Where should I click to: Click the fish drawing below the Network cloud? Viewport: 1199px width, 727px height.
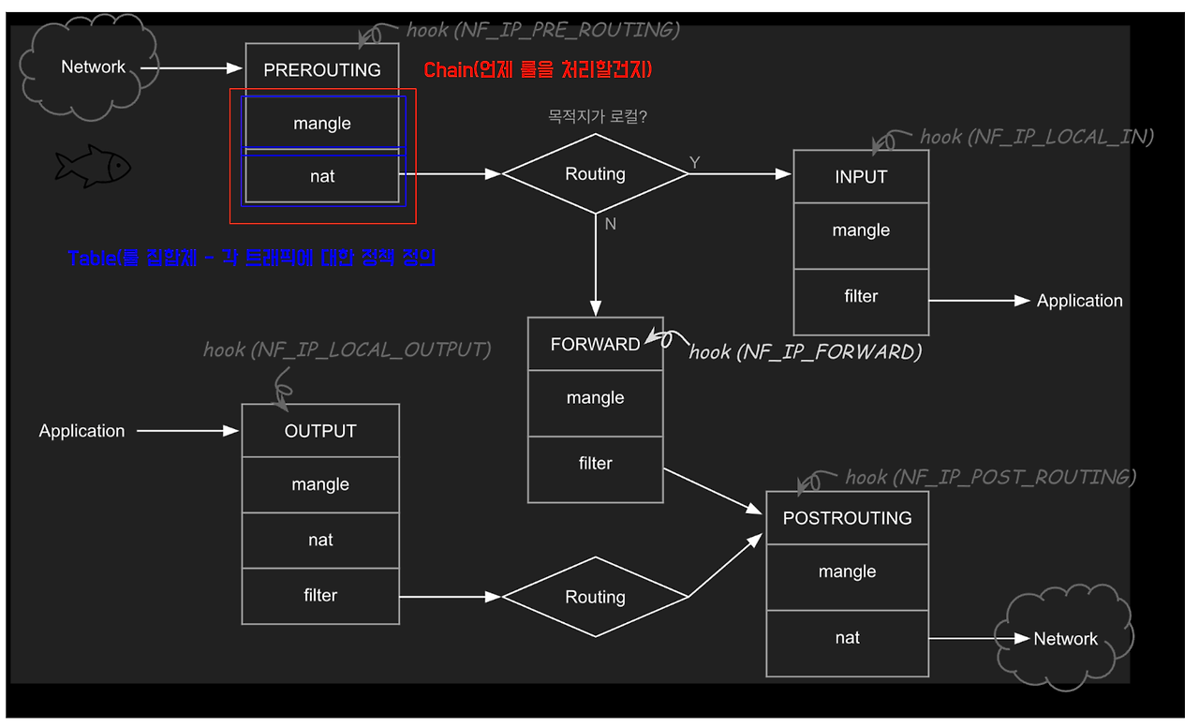pyautogui.click(x=92, y=167)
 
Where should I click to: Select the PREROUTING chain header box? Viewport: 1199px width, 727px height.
pyautogui.click(x=322, y=69)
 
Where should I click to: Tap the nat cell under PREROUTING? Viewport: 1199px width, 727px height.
pyautogui.click(x=322, y=176)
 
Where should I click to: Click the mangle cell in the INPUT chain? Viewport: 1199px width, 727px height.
pyautogui.click(x=861, y=230)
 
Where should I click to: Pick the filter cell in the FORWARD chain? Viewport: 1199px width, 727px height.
pyautogui.click(x=595, y=464)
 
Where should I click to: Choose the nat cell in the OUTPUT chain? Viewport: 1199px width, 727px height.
pyautogui.click(x=320, y=540)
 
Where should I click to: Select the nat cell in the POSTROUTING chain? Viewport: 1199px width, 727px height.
pyautogui.click(x=847, y=638)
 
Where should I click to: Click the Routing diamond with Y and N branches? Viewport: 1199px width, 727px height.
pyautogui.click(x=595, y=174)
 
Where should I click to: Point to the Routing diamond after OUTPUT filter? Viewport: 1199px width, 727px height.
pyautogui.click(x=595, y=597)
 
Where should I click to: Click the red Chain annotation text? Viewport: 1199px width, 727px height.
pyautogui.click(x=538, y=70)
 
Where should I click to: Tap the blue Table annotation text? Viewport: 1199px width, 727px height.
pyautogui.click(x=252, y=258)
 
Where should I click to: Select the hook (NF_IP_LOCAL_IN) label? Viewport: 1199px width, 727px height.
pyautogui.click(x=1036, y=137)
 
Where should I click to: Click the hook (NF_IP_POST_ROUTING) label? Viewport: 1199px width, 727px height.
pyautogui.click(x=990, y=477)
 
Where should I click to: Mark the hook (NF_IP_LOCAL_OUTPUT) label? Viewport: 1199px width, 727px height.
pyautogui.click(x=347, y=349)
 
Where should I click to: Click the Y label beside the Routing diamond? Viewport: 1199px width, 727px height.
pyautogui.click(x=695, y=163)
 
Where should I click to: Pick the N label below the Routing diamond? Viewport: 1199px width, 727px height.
pyautogui.click(x=610, y=225)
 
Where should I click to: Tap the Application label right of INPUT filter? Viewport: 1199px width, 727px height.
pyautogui.click(x=1079, y=301)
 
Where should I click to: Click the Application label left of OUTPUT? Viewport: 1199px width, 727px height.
pyautogui.click(x=81, y=431)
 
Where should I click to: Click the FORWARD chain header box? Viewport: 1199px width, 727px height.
pyautogui.click(x=595, y=344)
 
